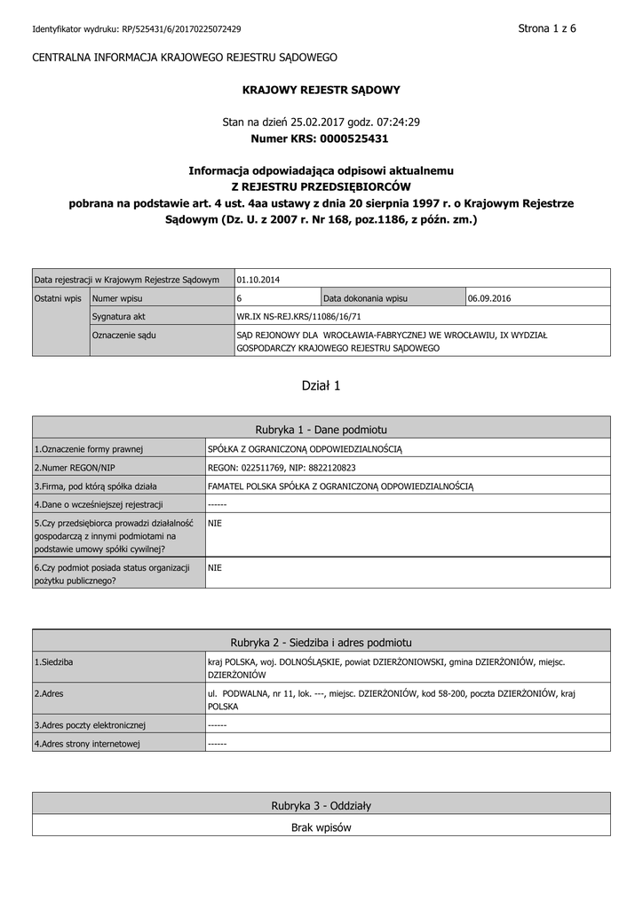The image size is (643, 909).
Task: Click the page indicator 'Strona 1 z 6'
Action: (547, 28)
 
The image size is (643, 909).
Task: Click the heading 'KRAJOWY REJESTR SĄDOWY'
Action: (321, 90)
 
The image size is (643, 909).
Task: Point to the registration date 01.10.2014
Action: (258, 280)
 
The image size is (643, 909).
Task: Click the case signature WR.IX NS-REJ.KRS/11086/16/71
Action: (299, 316)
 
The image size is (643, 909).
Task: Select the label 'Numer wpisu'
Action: (118, 298)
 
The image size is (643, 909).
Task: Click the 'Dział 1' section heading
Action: (321, 385)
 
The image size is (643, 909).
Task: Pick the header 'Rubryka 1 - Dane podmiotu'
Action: (321, 429)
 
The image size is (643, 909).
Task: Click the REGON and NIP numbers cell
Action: (282, 467)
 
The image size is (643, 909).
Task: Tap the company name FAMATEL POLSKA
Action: (340, 486)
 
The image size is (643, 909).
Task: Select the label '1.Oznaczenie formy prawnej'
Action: (89, 449)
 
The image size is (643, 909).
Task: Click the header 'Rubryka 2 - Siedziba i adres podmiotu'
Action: (321, 642)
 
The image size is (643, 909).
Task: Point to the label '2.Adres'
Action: (49, 692)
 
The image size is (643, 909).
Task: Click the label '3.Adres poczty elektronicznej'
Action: (90, 724)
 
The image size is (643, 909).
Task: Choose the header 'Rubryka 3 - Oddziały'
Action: (321, 805)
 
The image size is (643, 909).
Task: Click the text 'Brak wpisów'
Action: (321, 827)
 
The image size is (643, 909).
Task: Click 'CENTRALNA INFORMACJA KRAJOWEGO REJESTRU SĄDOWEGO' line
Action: (185, 57)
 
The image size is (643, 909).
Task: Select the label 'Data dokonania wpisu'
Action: (365, 298)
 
